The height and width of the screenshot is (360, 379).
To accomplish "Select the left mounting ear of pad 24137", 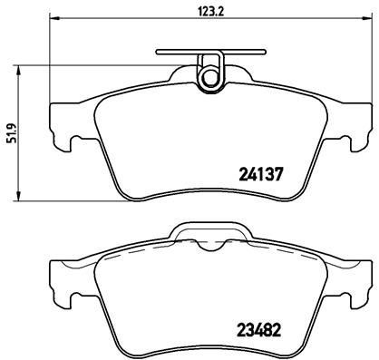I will coord(59,122).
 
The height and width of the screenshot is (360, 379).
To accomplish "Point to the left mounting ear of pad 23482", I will coord(59,277).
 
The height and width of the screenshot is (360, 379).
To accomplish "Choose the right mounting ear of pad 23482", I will coord(352,277).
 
